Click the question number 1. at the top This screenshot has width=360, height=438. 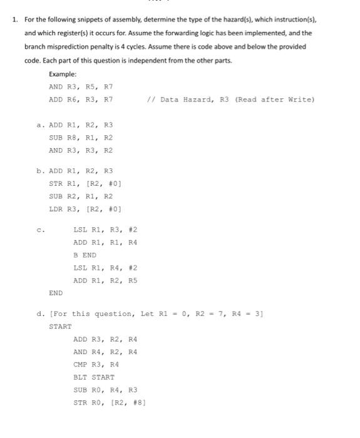14,19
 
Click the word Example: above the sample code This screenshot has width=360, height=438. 64,74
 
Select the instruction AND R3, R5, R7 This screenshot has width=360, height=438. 81,87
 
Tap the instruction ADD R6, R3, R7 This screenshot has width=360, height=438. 81,99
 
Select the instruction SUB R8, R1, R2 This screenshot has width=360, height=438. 81,138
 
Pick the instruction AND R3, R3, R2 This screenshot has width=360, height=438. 81,150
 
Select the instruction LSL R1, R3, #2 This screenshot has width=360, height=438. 103,229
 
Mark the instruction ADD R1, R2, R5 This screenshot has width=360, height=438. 103,280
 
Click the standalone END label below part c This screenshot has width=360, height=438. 56,293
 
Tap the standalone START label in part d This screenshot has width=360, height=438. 60,326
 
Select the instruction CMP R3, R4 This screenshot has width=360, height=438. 96,364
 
